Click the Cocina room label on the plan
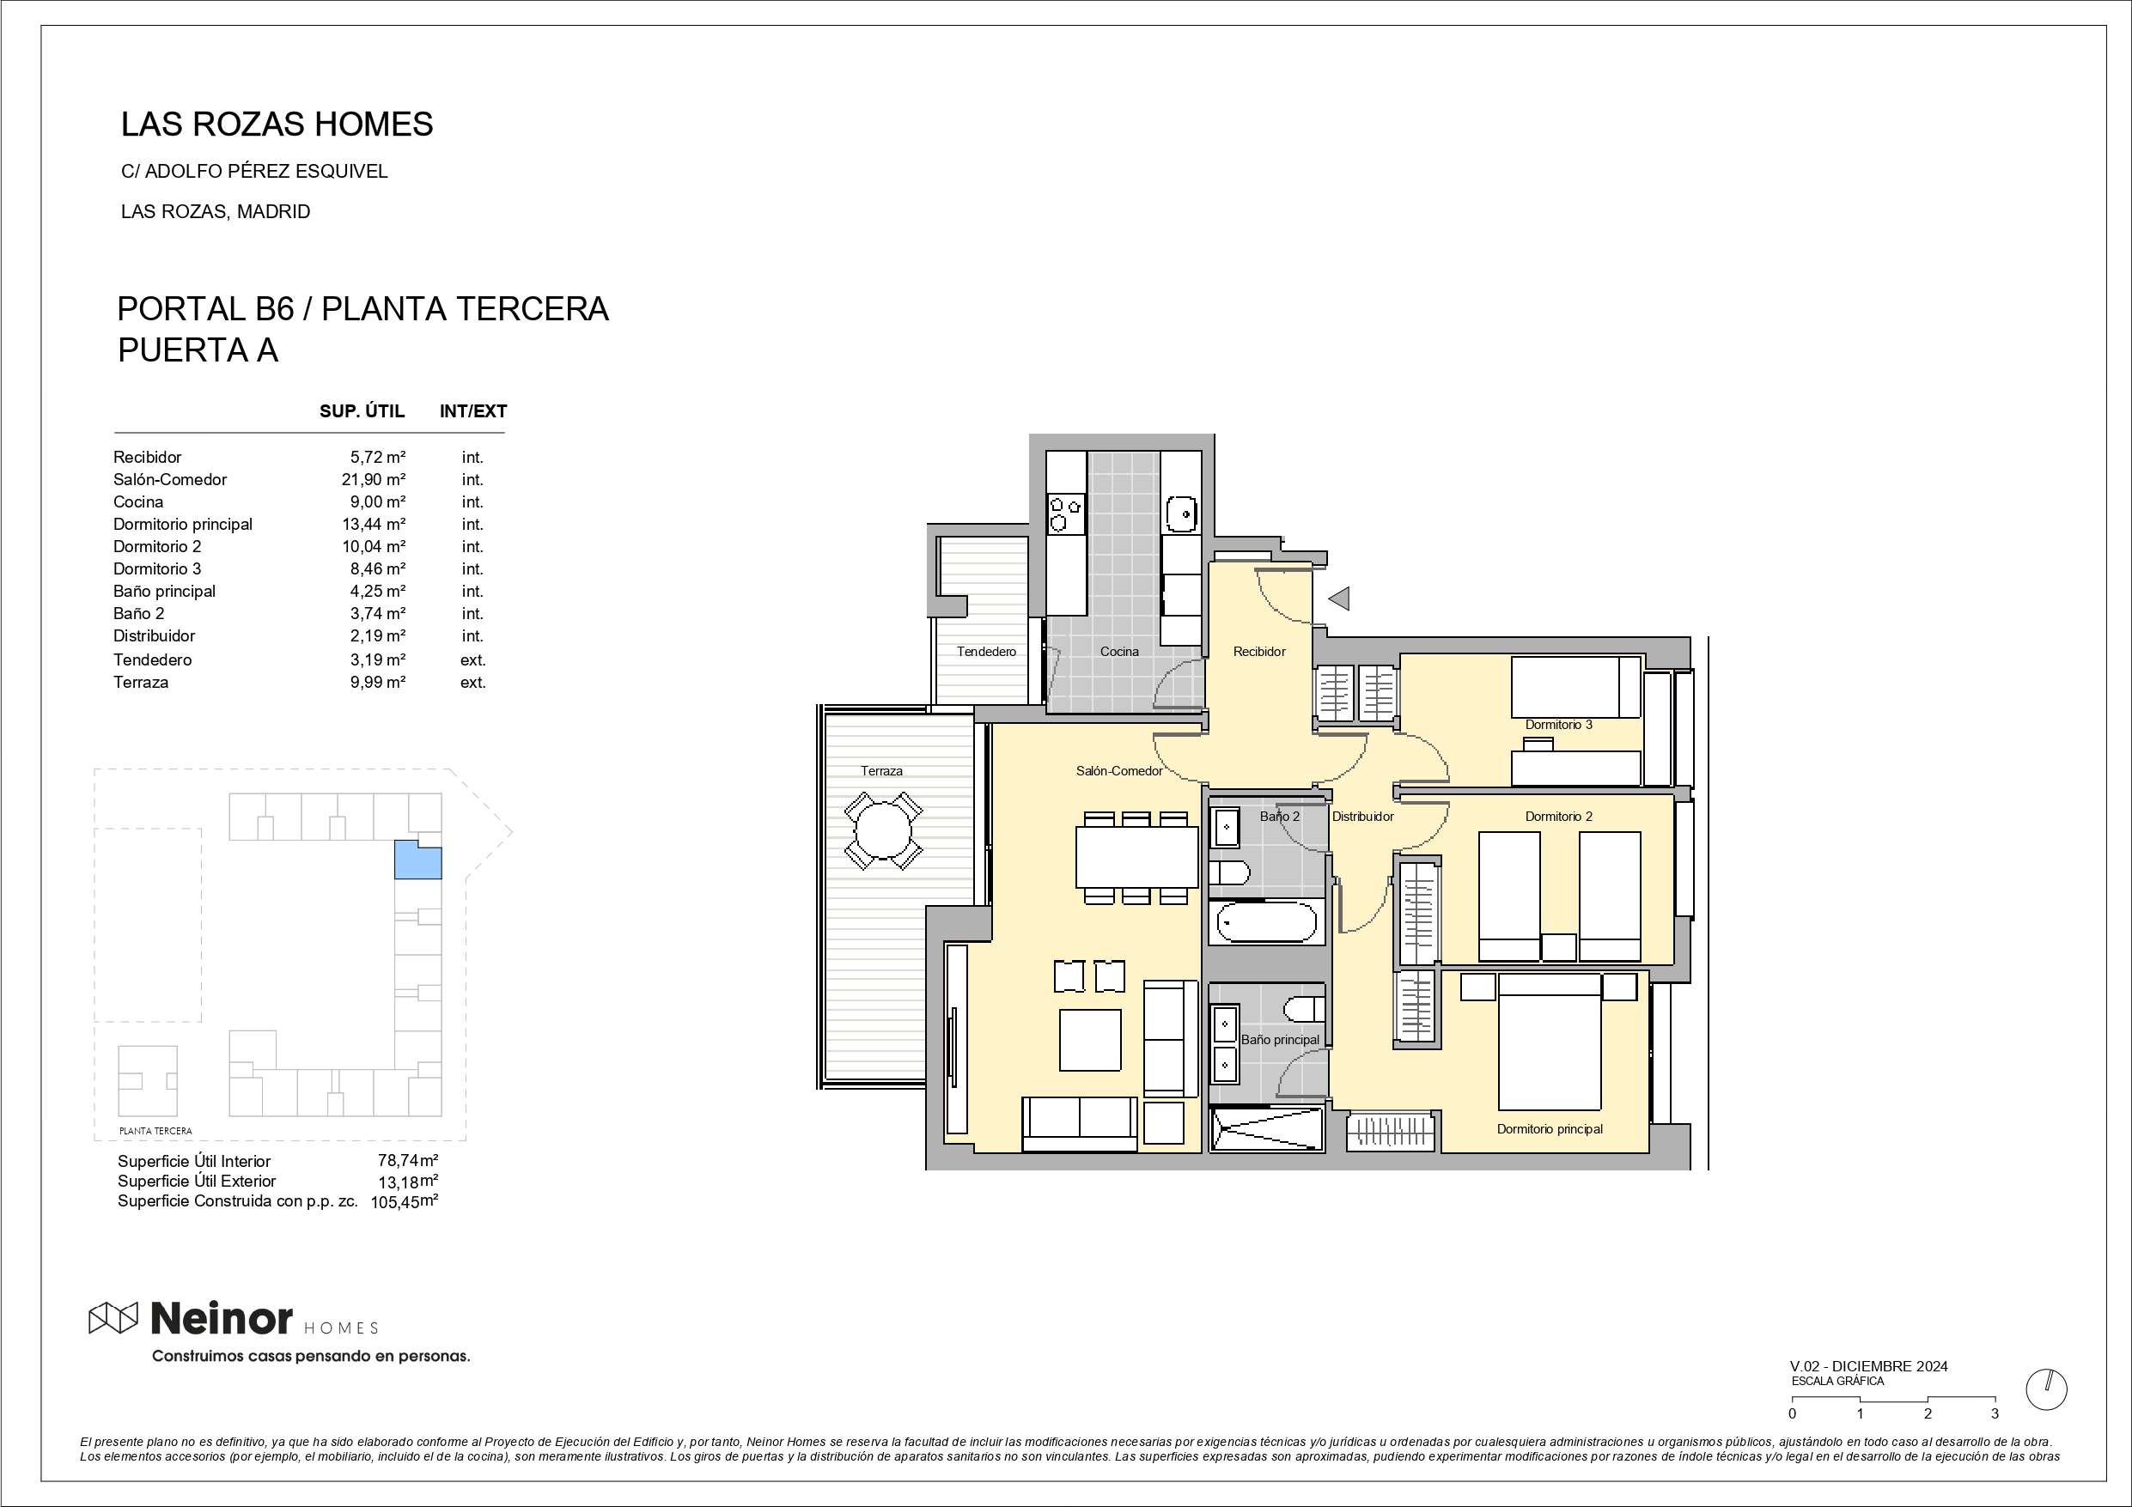pyautogui.click(x=1119, y=652)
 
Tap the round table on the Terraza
pyautogui.click(x=883, y=830)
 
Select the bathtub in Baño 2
pyautogui.click(x=1266, y=922)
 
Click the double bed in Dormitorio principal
pyautogui.click(x=1549, y=1041)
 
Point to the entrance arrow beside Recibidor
pyautogui.click(x=1338, y=599)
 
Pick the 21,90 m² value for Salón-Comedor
pyautogui.click(x=374, y=480)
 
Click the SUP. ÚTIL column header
pyautogui.click(x=362, y=411)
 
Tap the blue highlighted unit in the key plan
pyautogui.click(x=417, y=860)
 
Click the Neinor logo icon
pyautogui.click(x=113, y=1316)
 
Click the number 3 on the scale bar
pyautogui.click(x=1995, y=1414)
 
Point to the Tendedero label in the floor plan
pyautogui.click(x=986, y=652)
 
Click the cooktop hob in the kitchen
pyautogui.click(x=1066, y=514)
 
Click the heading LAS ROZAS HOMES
pyautogui.click(x=277, y=125)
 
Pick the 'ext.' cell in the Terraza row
pyautogui.click(x=472, y=683)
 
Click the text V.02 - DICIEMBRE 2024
pyautogui.click(x=1868, y=1367)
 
